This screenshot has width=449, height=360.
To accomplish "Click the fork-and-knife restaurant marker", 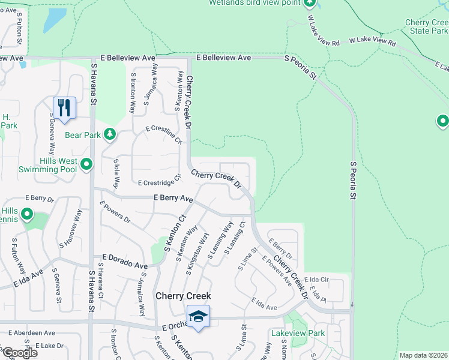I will tap(64, 107).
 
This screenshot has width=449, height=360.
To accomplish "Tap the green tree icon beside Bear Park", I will tap(109, 134).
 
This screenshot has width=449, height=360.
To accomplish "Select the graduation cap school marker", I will tap(199, 315).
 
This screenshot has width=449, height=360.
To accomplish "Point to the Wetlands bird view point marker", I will tap(310, 3).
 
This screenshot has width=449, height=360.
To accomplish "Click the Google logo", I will tap(19, 353).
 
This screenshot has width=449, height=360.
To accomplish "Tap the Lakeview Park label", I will tap(297, 333).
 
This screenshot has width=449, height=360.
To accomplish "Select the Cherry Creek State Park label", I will tap(426, 26).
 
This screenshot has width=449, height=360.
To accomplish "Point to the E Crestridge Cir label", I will tap(160, 181).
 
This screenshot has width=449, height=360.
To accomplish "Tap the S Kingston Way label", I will tap(197, 254).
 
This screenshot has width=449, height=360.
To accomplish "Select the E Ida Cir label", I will tap(318, 280).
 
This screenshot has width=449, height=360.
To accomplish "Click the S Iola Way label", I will tap(116, 174).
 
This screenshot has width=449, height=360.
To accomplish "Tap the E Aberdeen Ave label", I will tap(31, 332).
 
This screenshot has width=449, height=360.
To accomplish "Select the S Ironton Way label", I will tap(132, 93).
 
